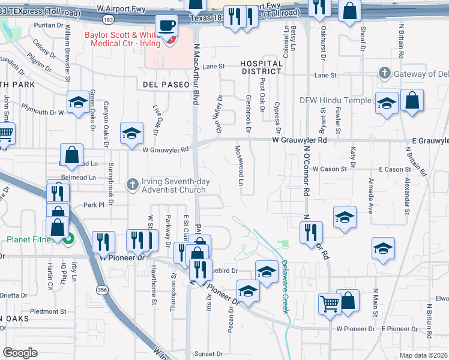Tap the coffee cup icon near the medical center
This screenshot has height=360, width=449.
click(166, 26)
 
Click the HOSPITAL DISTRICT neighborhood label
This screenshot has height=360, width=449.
click(261, 67)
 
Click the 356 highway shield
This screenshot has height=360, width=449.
click(100, 289)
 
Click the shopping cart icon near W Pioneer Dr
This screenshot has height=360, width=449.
click(330, 304)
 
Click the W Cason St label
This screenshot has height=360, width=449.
click(330, 170)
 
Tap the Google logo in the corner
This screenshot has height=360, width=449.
click(20, 353)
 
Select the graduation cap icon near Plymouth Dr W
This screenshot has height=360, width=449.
click(77, 103)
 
